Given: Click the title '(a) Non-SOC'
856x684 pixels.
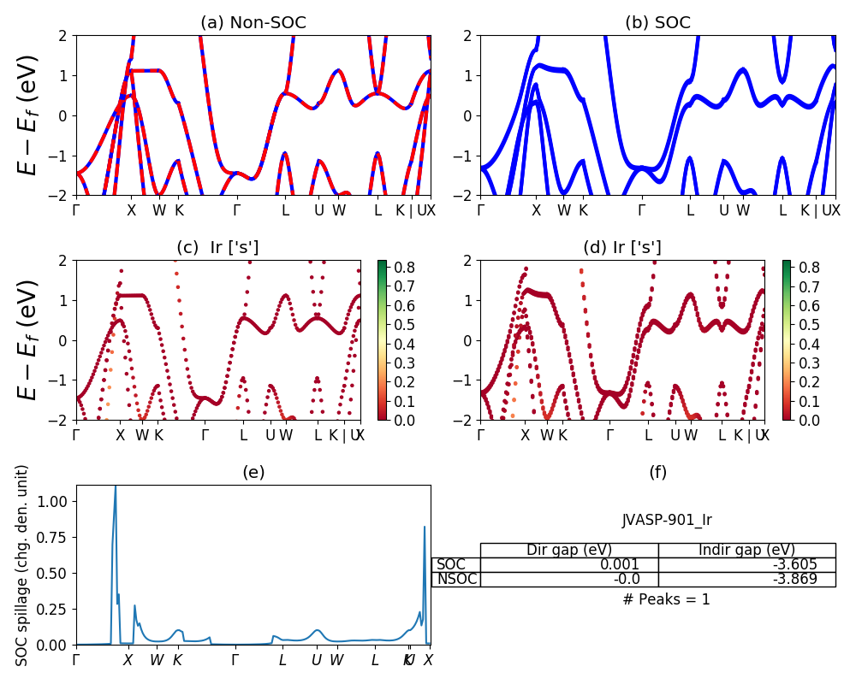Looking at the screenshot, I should (253, 23).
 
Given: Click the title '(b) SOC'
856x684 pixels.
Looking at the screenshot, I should (657, 23).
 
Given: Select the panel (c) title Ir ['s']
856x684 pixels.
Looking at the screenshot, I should (217, 248).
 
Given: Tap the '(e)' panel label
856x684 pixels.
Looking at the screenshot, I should (253, 472).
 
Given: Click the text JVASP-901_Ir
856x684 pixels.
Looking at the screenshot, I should (667, 520).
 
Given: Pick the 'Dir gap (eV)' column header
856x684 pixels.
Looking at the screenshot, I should (569, 550).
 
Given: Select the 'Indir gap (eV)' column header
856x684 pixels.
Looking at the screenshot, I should (746, 550).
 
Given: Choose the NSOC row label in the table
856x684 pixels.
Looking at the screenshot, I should (456, 579).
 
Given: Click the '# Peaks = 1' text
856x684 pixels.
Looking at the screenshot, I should (667, 599).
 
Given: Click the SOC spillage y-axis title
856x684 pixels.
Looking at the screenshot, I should (23, 564).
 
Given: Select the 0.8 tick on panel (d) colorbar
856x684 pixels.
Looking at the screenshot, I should (811, 268).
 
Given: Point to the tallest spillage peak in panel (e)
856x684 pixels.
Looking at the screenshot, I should (116, 486).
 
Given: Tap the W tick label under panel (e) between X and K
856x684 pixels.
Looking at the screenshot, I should (157, 660).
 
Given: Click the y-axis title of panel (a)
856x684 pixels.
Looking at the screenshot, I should (28, 115).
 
